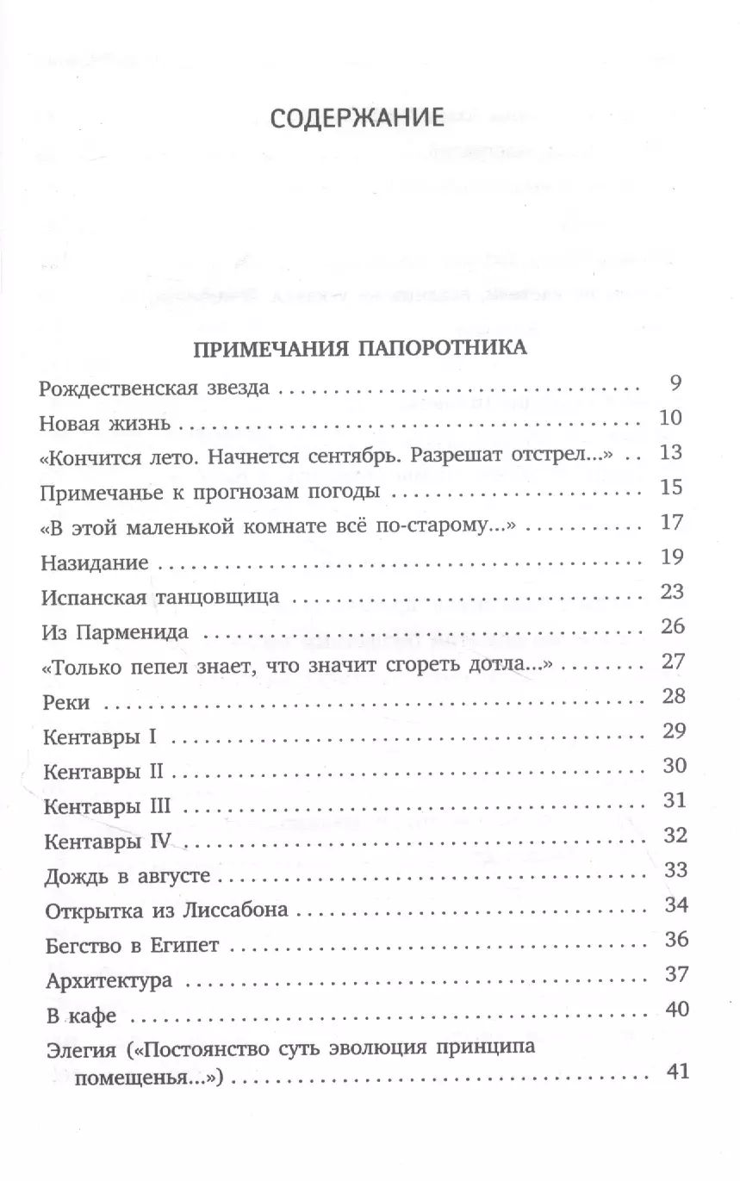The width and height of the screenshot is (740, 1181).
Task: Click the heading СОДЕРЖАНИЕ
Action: [x=357, y=117]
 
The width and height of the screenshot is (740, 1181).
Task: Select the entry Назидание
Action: [x=95, y=561]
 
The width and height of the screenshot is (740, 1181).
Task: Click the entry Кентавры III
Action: [x=107, y=807]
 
